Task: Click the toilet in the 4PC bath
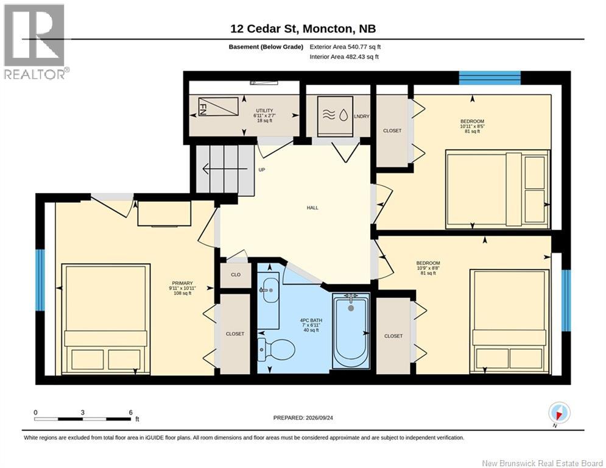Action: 275,350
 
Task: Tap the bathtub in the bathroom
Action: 351,330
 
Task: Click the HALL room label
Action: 312,208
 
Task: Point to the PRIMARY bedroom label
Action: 183,283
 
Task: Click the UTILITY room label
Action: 264,111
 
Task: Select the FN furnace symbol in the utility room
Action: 218,107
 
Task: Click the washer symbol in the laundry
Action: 335,115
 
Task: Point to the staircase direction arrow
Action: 225,169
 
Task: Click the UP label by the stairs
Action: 262,170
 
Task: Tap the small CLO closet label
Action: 236,275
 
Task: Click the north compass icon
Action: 559,413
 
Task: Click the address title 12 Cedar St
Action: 264,29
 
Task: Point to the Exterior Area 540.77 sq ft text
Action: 345,47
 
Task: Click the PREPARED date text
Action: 303,417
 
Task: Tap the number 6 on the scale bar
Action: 130,413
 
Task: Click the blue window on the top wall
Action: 490,78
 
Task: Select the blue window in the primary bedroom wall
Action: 40,280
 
